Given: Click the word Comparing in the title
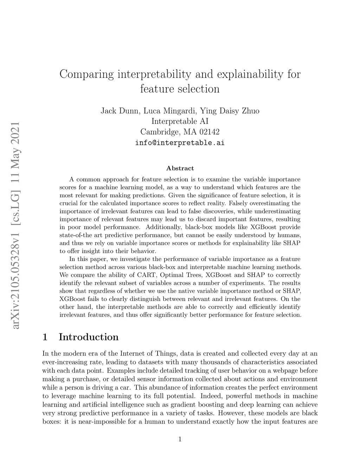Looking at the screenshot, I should pyautogui.click(x=86, y=75).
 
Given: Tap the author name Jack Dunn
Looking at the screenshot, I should pyautogui.click(x=120, y=111).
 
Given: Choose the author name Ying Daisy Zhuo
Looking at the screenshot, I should pyautogui.click(x=230, y=111).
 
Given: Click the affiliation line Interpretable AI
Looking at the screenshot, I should pyautogui.click(x=180, y=121).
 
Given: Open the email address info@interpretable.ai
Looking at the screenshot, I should pyautogui.click(x=180, y=143).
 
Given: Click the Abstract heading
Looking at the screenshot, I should pyautogui.click(x=180, y=168).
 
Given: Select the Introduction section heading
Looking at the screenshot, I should pyautogui.click(x=89, y=337).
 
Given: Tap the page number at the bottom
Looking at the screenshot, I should pyautogui.click(x=180, y=439).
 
